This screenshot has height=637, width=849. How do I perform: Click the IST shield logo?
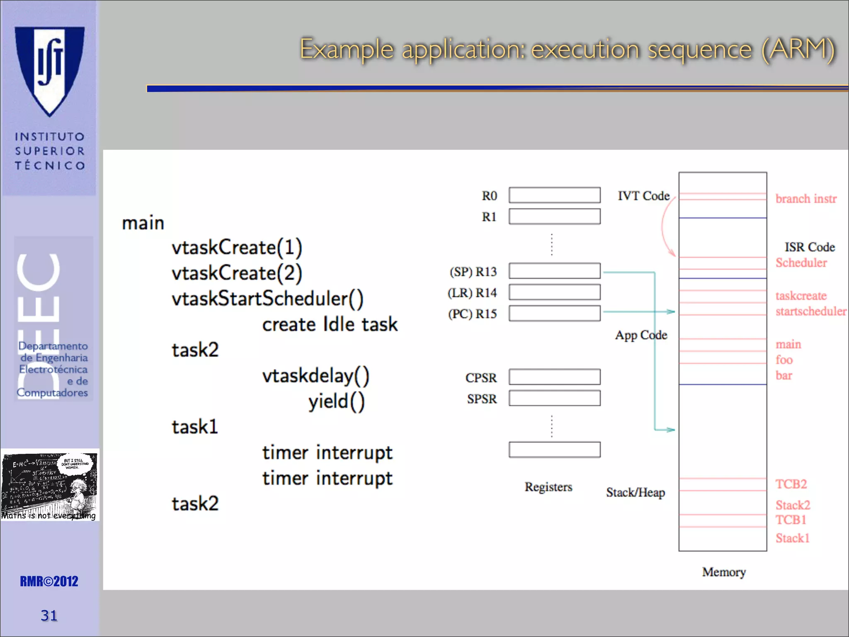coord(50,71)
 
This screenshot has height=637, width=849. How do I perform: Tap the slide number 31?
coord(49,615)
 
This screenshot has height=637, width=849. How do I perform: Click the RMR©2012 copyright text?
coord(49,581)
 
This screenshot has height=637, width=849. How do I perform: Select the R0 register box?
coord(554,195)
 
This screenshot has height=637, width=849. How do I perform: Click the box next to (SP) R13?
coord(554,271)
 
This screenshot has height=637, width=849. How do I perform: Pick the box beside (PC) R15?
coord(554,313)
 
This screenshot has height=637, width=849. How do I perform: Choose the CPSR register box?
coord(554,377)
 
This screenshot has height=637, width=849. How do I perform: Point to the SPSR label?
coord(482,399)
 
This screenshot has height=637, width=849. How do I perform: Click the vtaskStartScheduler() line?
coord(267,299)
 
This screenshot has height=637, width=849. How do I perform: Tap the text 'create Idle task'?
coord(330,324)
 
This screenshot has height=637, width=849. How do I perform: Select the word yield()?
coord(336,401)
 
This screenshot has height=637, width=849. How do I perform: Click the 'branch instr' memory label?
coord(806,199)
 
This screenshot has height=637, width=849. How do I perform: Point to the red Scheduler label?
coord(801,263)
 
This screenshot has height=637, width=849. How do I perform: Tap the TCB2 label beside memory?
coord(791,484)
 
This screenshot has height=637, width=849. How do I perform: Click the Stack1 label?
coord(792,538)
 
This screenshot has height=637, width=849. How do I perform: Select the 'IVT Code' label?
coord(643,196)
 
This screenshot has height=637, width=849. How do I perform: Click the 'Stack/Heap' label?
coord(635,492)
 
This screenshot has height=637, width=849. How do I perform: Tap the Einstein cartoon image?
coord(50,484)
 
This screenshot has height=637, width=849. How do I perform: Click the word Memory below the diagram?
coord(724,572)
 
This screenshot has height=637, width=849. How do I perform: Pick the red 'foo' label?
coord(784,360)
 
